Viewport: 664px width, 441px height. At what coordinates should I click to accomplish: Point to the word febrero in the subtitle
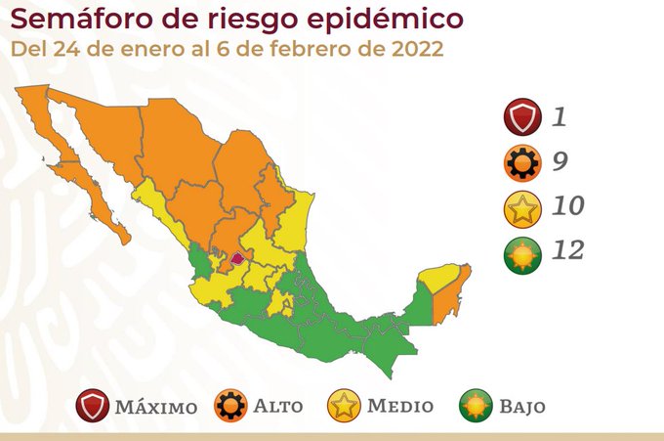tap(315, 50)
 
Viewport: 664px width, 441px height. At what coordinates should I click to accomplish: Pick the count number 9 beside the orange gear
tap(560, 162)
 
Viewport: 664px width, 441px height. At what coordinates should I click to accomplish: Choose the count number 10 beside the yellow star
tap(566, 206)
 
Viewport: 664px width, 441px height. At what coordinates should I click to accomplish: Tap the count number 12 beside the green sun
tap(566, 251)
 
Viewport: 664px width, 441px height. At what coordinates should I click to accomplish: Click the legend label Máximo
tap(155, 406)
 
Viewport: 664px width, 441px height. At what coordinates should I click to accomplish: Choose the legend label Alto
tap(278, 406)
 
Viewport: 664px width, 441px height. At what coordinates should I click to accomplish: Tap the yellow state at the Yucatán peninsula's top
tap(441, 275)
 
